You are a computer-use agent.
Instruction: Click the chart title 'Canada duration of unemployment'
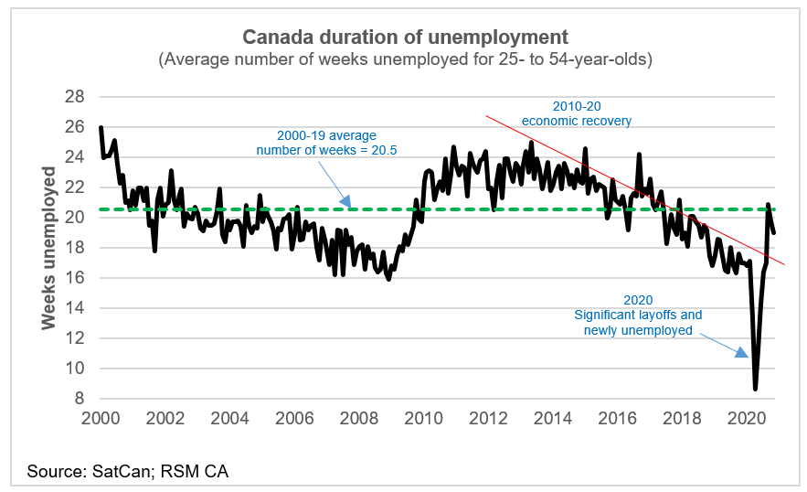(404, 37)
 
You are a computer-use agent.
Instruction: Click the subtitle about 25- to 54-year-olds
(404, 60)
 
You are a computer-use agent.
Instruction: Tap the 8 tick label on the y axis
(80, 399)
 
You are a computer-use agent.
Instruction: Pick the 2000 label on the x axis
(101, 419)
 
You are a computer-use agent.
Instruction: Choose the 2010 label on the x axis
(422, 419)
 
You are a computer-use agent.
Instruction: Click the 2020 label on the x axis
(745, 419)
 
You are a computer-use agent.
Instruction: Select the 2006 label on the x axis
(293, 419)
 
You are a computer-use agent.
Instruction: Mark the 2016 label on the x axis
(616, 419)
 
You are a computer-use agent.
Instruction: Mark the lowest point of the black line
(755, 389)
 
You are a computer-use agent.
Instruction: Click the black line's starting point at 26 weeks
(101, 128)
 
